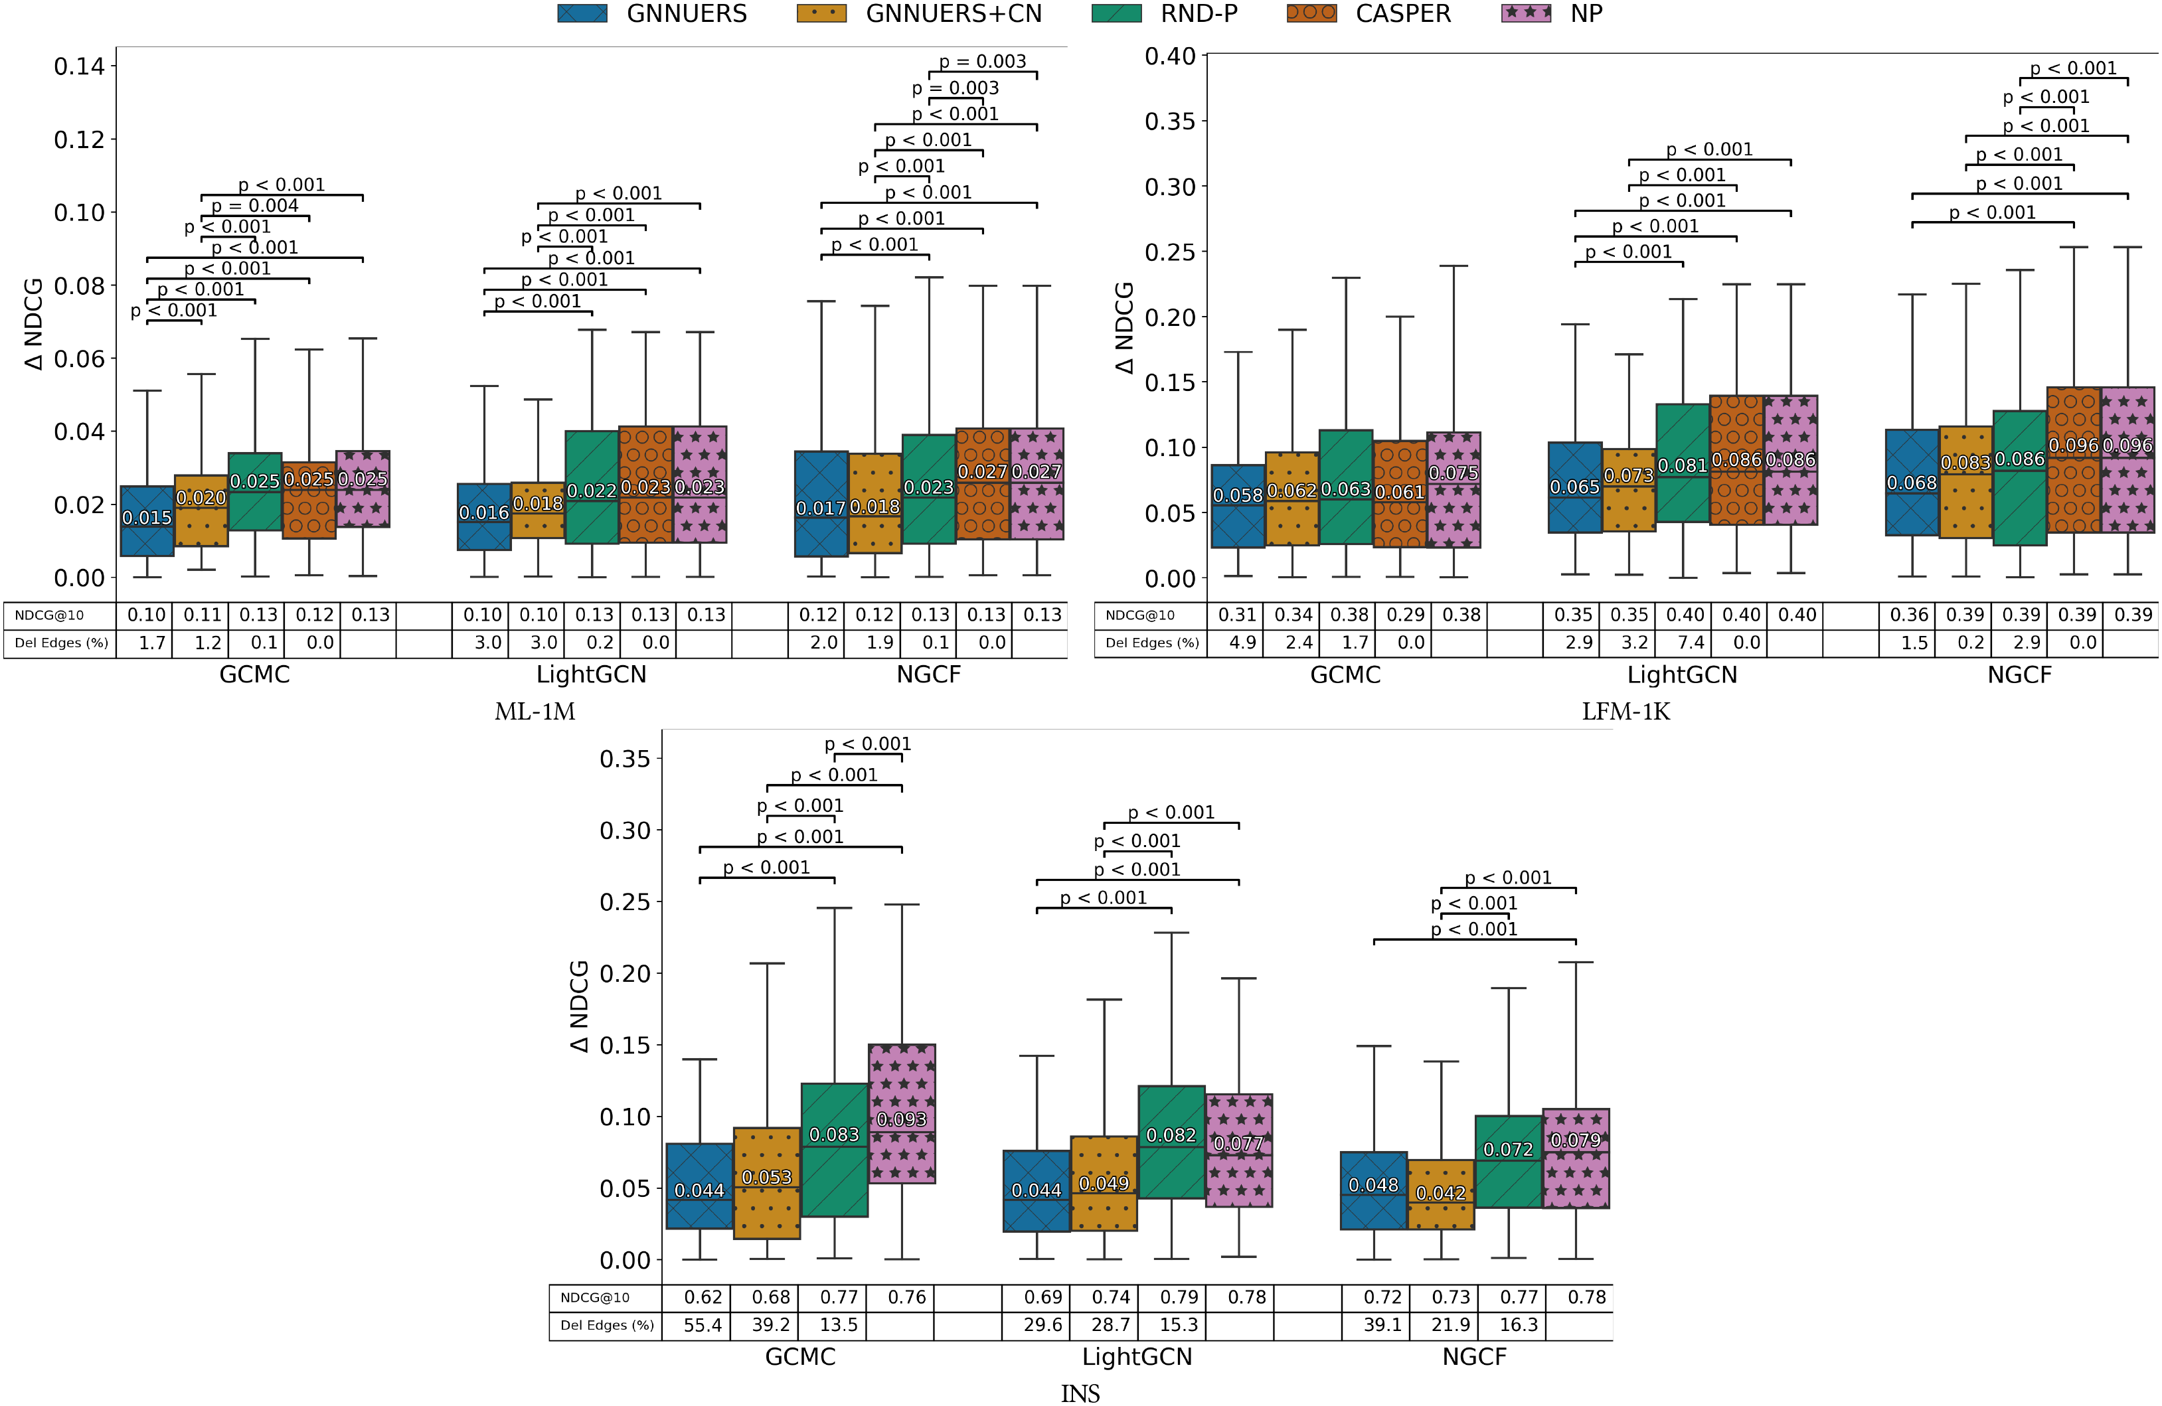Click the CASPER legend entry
point(1402,14)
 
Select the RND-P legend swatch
point(1116,14)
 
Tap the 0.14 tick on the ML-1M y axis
point(79,66)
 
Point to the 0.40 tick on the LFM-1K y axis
point(1169,56)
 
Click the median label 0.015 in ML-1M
point(147,518)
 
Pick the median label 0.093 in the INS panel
point(901,1119)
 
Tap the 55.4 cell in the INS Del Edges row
point(703,1325)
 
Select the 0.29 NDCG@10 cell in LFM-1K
point(1405,615)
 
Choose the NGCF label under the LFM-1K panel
point(2019,675)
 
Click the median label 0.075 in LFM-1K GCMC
point(1454,473)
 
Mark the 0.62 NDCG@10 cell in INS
point(703,1297)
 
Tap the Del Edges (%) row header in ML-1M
point(61,643)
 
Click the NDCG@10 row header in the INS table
point(594,1298)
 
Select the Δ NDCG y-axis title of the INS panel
point(578,1006)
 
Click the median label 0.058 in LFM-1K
point(1237,495)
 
